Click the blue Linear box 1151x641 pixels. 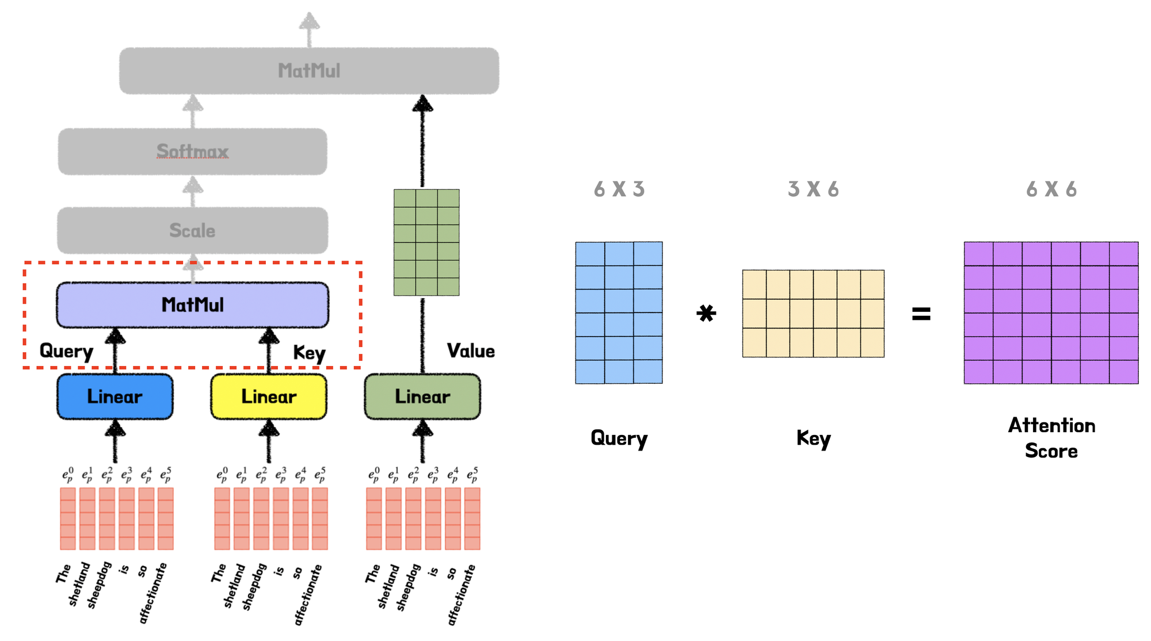coord(115,396)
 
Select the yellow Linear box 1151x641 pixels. coord(269,396)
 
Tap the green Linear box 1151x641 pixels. coord(422,396)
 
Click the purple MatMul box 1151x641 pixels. coord(192,305)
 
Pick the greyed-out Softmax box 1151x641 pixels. coord(192,151)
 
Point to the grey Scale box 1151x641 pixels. coord(192,231)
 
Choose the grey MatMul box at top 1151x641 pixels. coord(309,71)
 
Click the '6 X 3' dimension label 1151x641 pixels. coord(619,189)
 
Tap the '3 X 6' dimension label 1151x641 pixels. coord(813,189)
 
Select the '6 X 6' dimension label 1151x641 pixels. coord(1051,189)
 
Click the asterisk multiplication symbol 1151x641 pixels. coord(706,314)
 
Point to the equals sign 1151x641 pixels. coord(921,314)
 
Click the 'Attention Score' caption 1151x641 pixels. coord(1051,438)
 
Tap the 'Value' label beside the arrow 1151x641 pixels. coord(471,351)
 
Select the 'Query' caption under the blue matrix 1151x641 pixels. coord(619,439)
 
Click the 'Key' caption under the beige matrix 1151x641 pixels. coord(813,439)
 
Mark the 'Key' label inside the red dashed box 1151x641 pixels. coord(309,353)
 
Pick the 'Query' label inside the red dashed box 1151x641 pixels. coord(66,352)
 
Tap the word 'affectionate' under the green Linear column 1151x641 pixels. coord(462,594)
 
